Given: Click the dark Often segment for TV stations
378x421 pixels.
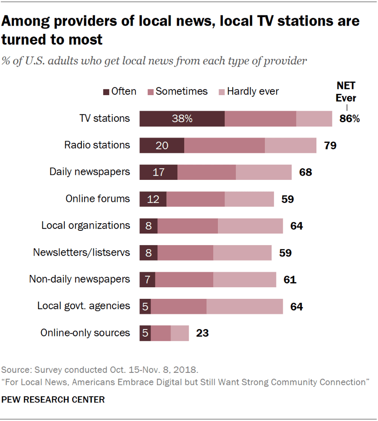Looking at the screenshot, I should pyautogui.click(x=182, y=119).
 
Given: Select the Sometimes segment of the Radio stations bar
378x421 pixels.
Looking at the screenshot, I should pyautogui.click(x=225, y=145).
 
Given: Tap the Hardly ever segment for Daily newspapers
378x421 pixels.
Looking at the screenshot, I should pyautogui.click(x=264, y=172).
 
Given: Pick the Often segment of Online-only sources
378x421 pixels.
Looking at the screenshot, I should pyautogui.click(x=145, y=333).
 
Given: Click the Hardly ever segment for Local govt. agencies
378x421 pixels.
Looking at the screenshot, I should pyautogui.click(x=245, y=307).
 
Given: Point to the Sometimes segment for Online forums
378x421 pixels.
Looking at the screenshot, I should pyautogui.click(x=196, y=199).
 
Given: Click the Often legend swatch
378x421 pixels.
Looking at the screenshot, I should pyautogui.click(x=106, y=92).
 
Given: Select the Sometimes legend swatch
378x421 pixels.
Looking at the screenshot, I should pyautogui.click(x=151, y=92).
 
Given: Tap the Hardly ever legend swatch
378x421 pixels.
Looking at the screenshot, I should pyautogui.click(x=221, y=92).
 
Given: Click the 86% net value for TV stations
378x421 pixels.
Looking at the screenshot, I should pyautogui.click(x=350, y=119).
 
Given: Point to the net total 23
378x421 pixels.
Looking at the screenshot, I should pyautogui.click(x=202, y=334).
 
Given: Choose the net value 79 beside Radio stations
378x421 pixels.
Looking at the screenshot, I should pyautogui.click(x=330, y=146).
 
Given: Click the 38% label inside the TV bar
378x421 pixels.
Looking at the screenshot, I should pyautogui.click(x=182, y=119).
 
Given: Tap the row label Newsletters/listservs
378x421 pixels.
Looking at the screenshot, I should pyautogui.click(x=81, y=252).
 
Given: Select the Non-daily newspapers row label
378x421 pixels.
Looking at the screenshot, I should pyautogui.click(x=80, y=279).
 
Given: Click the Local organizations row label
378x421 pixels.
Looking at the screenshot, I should pyautogui.click(x=85, y=225).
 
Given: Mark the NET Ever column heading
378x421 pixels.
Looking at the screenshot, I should pyautogui.click(x=346, y=92).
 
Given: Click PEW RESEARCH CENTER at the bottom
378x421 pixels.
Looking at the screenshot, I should pyautogui.click(x=53, y=399).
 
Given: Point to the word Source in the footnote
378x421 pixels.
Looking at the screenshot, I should pyautogui.click(x=13, y=370).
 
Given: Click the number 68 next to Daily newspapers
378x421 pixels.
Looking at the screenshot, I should pyautogui.click(x=306, y=172).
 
